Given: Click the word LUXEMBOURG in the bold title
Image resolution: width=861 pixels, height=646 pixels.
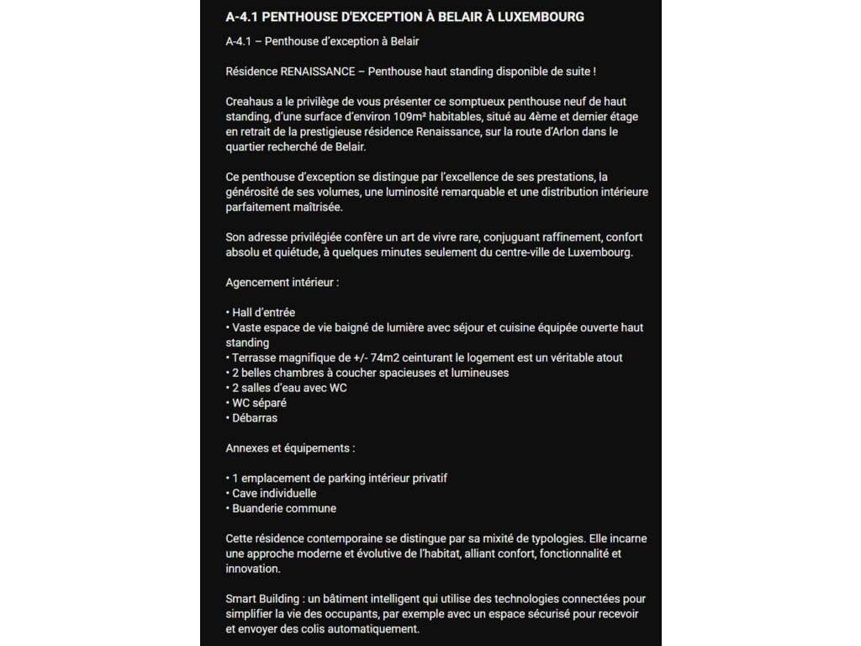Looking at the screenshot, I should pos(538,17).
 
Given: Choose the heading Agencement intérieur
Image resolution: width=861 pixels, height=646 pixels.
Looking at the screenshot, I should pos(283,283).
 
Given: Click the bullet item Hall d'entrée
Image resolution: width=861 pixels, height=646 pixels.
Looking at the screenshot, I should pos(263,312).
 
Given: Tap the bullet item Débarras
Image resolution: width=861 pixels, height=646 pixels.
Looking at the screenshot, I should pos(255,418).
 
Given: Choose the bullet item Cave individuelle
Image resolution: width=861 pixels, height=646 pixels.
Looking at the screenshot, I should pos(274,493).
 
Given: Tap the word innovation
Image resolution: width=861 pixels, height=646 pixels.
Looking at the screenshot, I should pos(253,569).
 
